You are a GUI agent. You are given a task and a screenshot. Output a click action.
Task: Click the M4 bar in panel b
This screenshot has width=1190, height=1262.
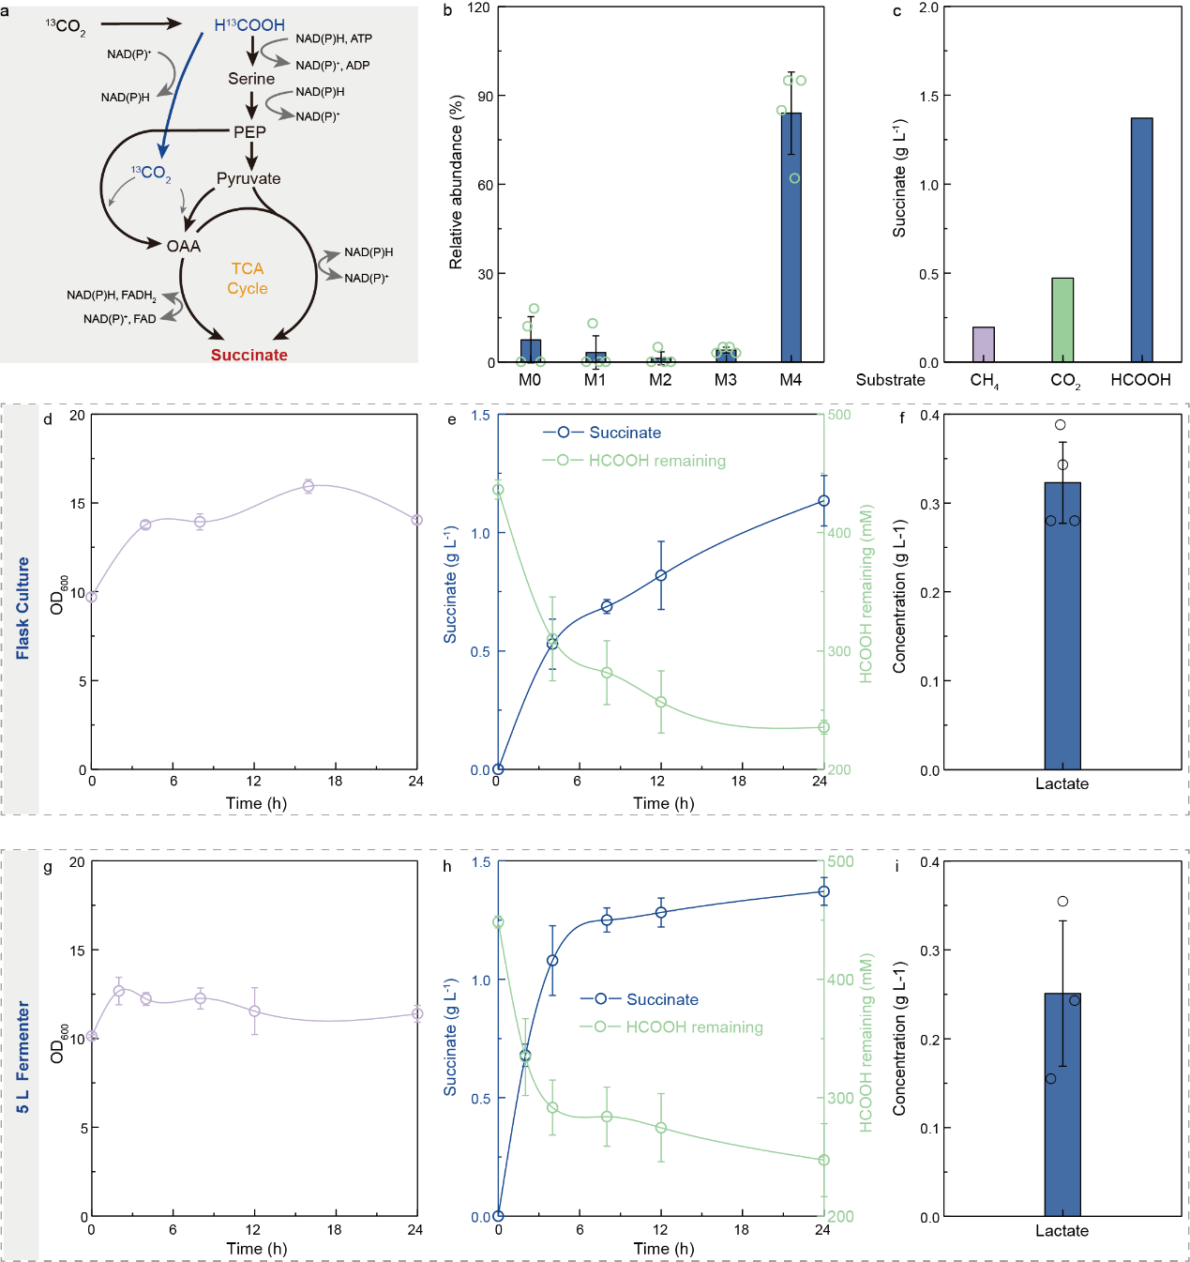(x=791, y=237)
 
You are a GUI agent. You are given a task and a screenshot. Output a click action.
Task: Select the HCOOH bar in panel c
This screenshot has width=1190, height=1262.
(x=1141, y=240)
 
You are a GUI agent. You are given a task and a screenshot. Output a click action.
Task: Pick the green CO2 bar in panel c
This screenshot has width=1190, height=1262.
(x=1062, y=320)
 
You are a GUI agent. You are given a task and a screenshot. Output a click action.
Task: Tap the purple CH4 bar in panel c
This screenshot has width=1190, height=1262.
(x=983, y=344)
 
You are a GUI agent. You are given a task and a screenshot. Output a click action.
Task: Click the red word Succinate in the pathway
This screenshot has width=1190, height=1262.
(x=249, y=355)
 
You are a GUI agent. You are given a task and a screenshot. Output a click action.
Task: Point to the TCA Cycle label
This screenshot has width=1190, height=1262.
(x=248, y=279)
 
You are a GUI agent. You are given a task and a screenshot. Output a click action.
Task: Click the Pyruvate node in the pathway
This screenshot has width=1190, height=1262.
(x=249, y=178)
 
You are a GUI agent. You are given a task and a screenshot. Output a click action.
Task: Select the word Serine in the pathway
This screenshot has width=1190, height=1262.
(x=251, y=79)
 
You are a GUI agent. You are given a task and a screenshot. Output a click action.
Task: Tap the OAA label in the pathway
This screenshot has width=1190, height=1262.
(x=184, y=246)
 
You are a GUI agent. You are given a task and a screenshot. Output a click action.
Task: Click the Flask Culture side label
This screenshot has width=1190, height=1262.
(x=23, y=608)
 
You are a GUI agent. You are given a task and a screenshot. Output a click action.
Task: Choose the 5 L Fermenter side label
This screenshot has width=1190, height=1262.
(x=23, y=1057)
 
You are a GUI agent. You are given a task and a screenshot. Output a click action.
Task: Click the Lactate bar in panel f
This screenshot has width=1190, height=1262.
(x=1062, y=626)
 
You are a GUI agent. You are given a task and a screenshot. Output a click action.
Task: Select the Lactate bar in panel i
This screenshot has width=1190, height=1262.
(x=1062, y=1104)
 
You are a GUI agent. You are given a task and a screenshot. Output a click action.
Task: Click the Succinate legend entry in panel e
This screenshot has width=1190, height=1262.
(x=625, y=433)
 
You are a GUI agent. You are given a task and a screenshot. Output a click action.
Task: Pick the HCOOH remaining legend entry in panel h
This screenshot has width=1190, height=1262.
(x=694, y=1027)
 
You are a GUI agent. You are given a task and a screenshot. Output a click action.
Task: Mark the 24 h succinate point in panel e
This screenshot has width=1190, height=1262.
(x=823, y=501)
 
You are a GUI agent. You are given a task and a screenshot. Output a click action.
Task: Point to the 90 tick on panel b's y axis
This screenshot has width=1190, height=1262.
(x=485, y=96)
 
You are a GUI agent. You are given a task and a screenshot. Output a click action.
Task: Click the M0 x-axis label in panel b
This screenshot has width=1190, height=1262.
(x=530, y=380)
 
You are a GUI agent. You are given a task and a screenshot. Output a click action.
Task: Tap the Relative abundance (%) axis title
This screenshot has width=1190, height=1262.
(x=456, y=182)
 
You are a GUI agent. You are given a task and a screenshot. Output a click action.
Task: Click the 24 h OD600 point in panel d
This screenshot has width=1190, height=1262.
(x=417, y=520)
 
